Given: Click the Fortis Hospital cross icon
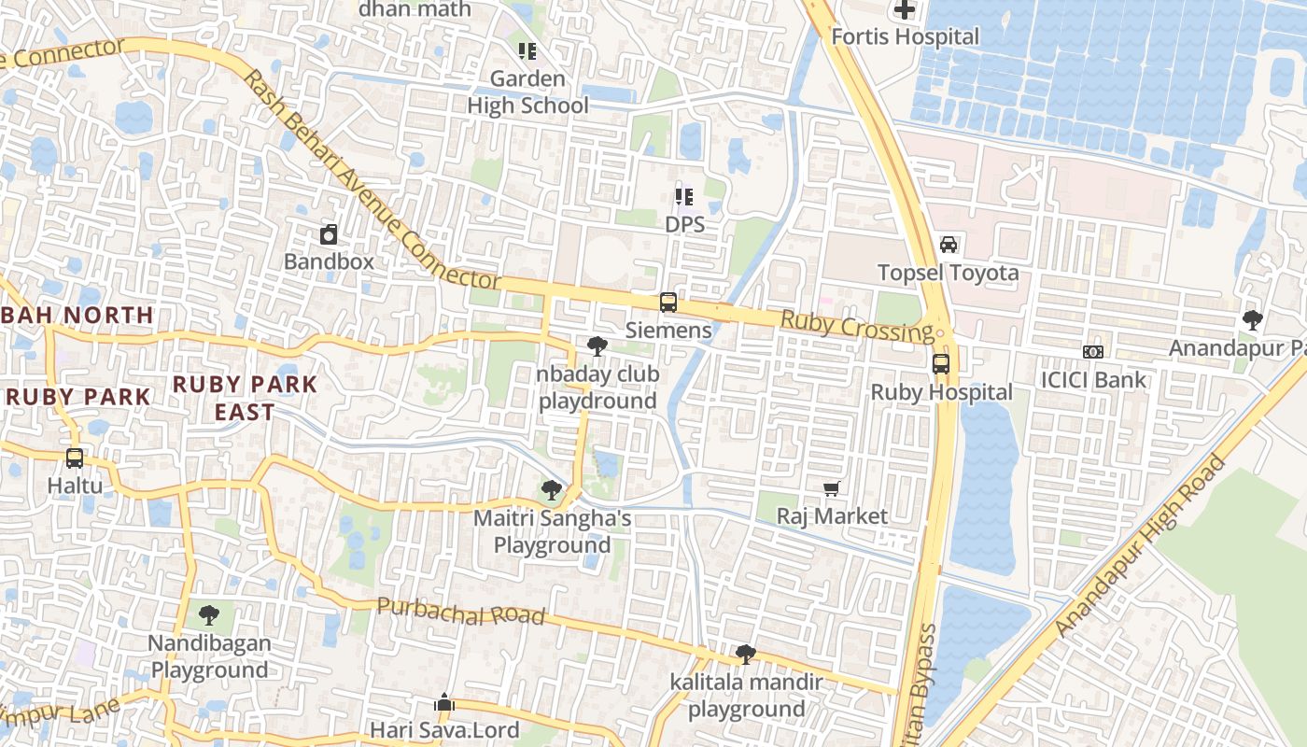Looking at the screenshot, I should coord(905,10).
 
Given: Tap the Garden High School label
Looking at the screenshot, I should coord(527,92).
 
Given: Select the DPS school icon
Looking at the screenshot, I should coord(684,197).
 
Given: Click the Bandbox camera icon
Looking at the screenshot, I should coord(329,234).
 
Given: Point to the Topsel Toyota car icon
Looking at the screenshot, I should coord(949,245).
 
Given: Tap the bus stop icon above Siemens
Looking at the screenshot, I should coord(668,303).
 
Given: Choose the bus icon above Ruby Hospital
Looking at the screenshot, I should coord(941,364).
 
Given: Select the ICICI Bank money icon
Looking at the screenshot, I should coord(1093,352).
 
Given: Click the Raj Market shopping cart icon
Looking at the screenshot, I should coord(832,488).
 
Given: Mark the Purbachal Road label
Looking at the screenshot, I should coord(460,612).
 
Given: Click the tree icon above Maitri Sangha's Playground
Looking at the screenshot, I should coord(552,489).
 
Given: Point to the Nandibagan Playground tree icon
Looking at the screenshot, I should coord(209,615).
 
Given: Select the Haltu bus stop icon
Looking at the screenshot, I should coord(75,458).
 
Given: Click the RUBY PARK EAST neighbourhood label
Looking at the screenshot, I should coord(246,398).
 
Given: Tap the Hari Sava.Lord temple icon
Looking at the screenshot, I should coord(444,702).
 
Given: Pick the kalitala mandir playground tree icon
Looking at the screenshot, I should coord(745,655).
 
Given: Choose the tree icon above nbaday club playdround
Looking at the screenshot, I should coord(597,346).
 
